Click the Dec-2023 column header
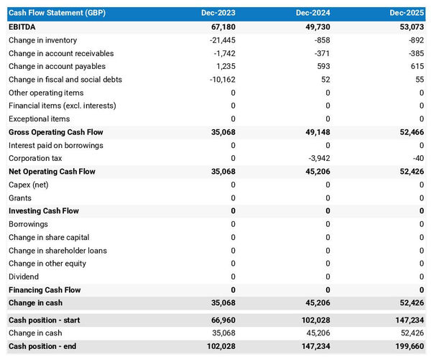[x=220, y=14]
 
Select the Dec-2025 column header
[x=409, y=14]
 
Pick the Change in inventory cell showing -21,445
[x=220, y=40]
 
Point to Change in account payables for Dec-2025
[x=415, y=67]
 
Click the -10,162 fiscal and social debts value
[x=220, y=80]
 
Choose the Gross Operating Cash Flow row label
[x=55, y=132]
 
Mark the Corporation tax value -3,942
[x=318, y=159]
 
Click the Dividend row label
[x=24, y=277]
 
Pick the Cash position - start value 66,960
[x=221, y=320]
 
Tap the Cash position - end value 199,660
[x=409, y=346]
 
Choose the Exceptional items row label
[x=40, y=119]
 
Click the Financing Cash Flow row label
[x=45, y=290]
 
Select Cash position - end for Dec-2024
[x=314, y=346]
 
